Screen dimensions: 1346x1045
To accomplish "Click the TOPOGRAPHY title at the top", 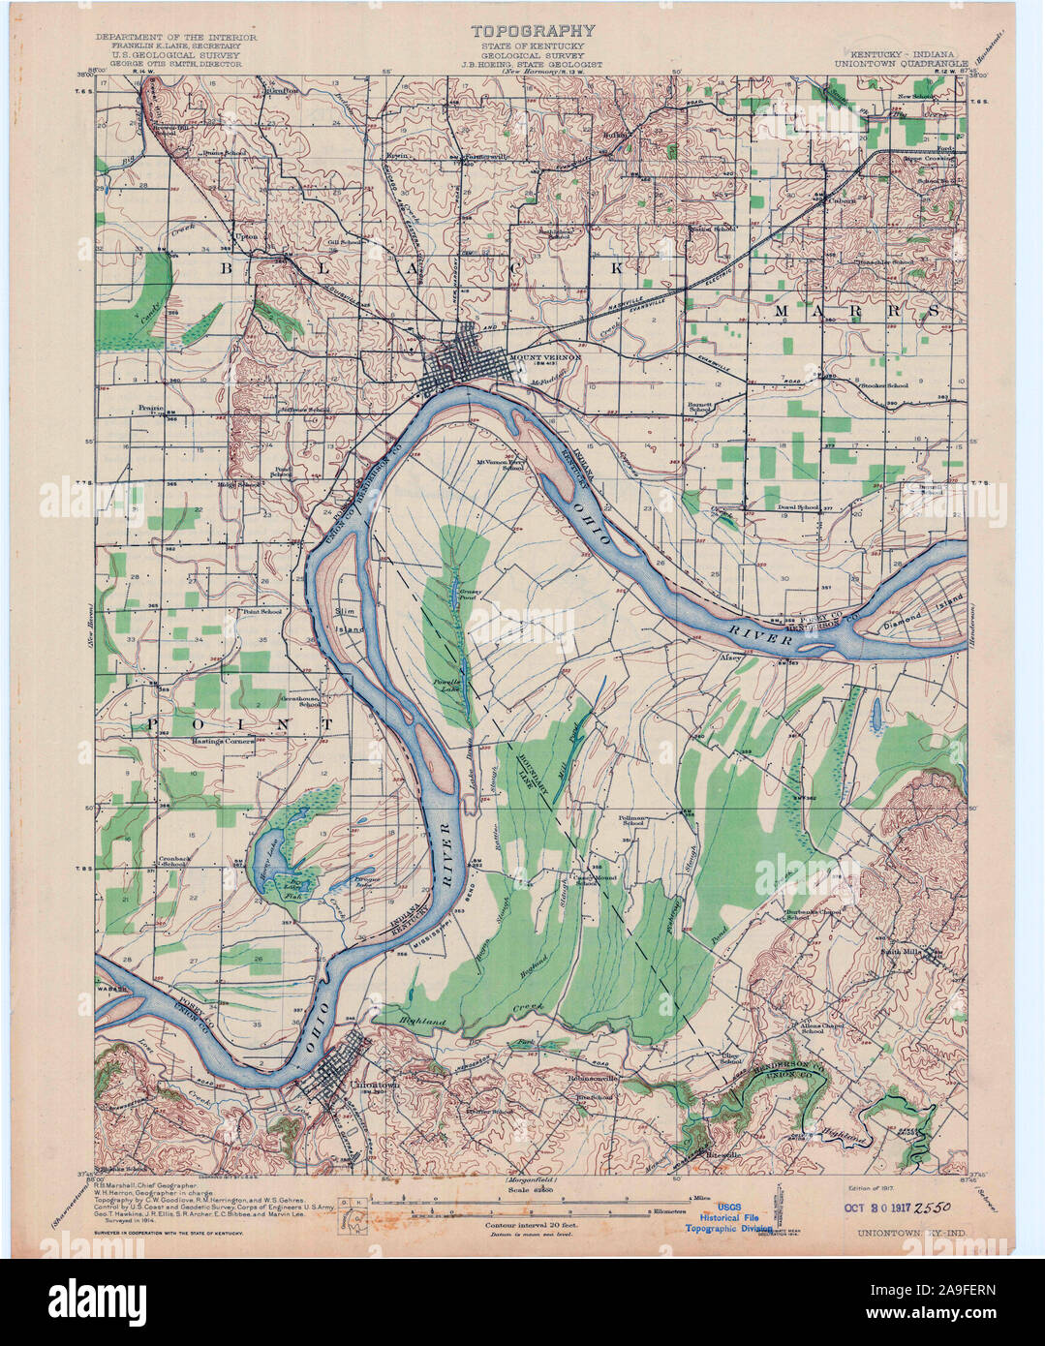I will (535, 31).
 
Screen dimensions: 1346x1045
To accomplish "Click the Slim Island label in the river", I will (348, 621).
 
